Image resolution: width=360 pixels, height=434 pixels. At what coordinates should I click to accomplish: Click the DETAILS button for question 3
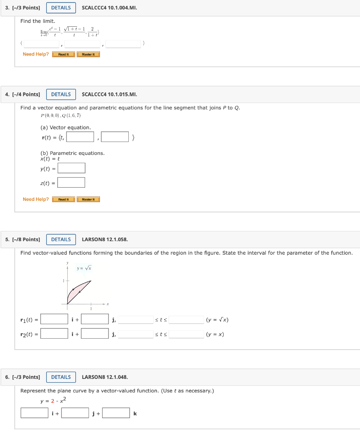pyautogui.click(x=61, y=8)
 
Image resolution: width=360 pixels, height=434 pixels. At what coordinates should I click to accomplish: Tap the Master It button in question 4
pyautogui.click(x=88, y=199)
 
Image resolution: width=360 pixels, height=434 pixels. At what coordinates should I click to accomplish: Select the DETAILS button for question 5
pyautogui.click(x=61, y=239)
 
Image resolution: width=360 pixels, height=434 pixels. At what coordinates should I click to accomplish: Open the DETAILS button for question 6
pyautogui.click(x=61, y=377)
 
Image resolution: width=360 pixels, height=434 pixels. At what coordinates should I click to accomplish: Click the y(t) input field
pyautogui.click(x=72, y=168)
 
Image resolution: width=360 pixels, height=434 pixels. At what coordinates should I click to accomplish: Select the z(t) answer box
pyautogui.click(x=72, y=183)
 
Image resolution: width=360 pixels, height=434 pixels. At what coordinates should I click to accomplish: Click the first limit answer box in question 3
pyautogui.click(x=42, y=44)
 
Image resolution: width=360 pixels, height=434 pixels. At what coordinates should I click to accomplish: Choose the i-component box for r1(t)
pyautogui.click(x=54, y=319)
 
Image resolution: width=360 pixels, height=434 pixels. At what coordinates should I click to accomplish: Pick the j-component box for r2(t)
pyautogui.click(x=95, y=334)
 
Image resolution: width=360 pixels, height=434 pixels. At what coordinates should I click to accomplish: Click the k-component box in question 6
pyautogui.click(x=116, y=413)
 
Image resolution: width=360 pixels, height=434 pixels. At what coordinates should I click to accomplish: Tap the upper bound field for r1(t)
pyautogui.click(x=186, y=320)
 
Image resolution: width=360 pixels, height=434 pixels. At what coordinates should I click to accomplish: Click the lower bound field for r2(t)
pyautogui.click(x=136, y=334)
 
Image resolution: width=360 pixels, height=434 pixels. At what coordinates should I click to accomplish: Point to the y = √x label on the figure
pyautogui.click(x=84, y=268)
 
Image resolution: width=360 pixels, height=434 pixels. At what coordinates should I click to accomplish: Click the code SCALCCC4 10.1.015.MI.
pyautogui.click(x=109, y=94)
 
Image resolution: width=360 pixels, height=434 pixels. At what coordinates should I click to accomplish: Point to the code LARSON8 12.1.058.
pyautogui.click(x=105, y=239)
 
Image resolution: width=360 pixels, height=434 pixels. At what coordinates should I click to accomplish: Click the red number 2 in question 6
pyautogui.click(x=53, y=401)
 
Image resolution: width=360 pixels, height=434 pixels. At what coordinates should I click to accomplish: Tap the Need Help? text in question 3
pyautogui.click(x=36, y=54)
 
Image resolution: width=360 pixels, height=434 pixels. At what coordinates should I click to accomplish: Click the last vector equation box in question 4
pyautogui.click(x=115, y=137)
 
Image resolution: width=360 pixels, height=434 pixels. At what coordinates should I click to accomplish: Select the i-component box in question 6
pyautogui.click(x=34, y=413)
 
